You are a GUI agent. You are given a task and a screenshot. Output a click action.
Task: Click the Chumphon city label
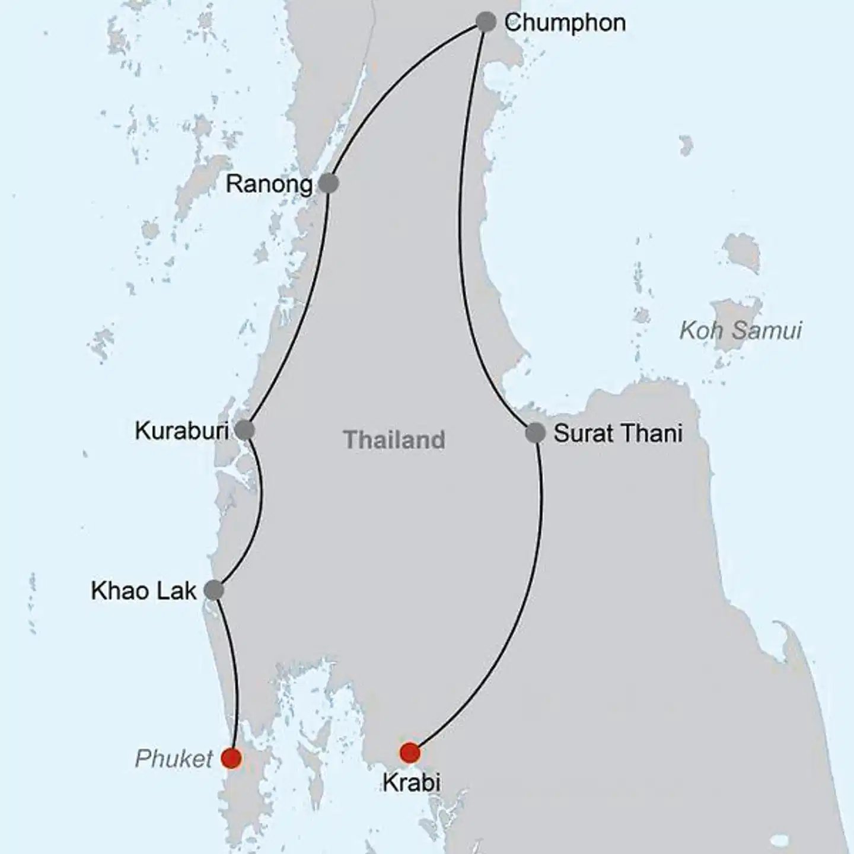pyautogui.click(x=565, y=23)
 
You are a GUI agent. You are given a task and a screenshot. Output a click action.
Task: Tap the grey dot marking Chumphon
pyautogui.click(x=486, y=23)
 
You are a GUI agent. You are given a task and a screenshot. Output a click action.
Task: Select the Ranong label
pyautogui.click(x=269, y=184)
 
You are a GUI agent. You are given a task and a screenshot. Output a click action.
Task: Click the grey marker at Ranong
pyautogui.click(x=329, y=183)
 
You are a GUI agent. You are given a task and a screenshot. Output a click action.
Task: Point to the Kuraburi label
pyautogui.click(x=181, y=431)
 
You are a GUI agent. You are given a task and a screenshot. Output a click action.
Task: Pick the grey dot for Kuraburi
pyautogui.click(x=244, y=430)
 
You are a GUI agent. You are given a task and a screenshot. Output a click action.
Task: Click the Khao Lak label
pyautogui.click(x=144, y=591)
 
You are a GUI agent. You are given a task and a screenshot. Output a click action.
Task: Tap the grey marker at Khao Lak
pyautogui.click(x=213, y=590)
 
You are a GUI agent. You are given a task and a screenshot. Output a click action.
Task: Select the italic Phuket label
pyautogui.click(x=173, y=759)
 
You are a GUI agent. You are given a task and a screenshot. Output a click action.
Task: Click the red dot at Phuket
pyautogui.click(x=231, y=758)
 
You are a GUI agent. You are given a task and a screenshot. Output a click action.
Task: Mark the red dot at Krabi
pyautogui.click(x=410, y=753)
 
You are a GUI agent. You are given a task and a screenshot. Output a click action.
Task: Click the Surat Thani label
pyautogui.click(x=618, y=434)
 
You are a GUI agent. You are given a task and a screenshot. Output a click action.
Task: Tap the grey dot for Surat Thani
pyautogui.click(x=535, y=433)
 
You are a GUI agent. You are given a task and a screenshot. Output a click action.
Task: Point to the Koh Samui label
pyautogui.click(x=741, y=330)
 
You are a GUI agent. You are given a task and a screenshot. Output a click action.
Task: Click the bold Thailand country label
pyautogui.click(x=394, y=440)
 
